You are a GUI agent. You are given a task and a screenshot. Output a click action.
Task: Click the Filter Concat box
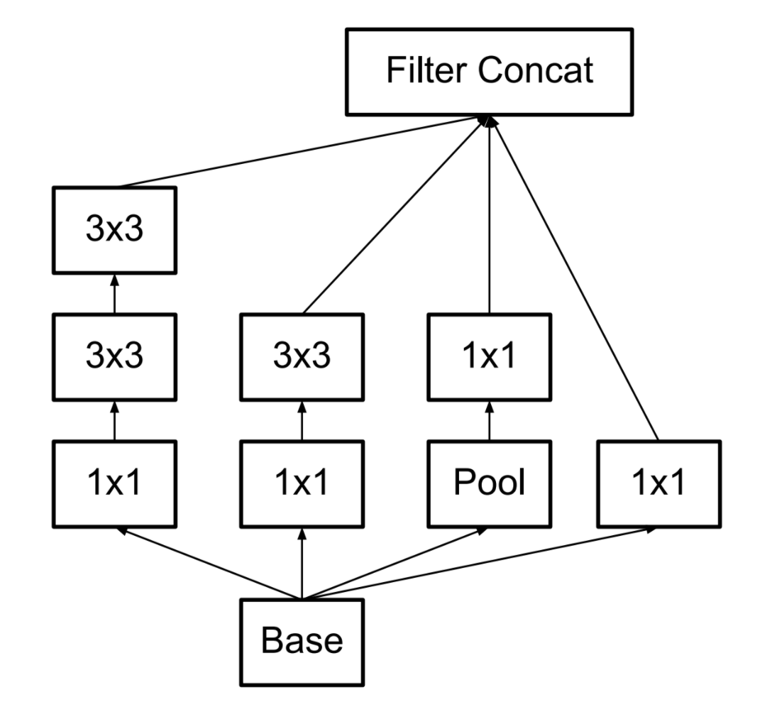click(x=489, y=71)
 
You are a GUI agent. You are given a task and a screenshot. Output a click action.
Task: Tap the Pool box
click(x=489, y=483)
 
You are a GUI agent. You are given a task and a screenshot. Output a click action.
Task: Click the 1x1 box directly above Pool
click(x=489, y=356)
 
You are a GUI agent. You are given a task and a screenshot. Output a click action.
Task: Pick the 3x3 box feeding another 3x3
click(x=114, y=356)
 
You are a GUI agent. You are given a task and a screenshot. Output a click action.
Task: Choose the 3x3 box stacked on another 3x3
click(x=114, y=230)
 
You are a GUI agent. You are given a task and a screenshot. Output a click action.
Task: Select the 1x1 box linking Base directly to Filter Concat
click(x=659, y=483)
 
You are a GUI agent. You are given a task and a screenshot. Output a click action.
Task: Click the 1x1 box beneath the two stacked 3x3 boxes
click(x=114, y=483)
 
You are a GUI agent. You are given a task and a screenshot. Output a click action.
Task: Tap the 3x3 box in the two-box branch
click(x=302, y=356)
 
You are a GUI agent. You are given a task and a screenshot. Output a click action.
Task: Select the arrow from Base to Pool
click(x=397, y=563)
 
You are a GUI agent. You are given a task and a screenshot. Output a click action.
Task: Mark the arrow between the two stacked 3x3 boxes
click(x=114, y=294)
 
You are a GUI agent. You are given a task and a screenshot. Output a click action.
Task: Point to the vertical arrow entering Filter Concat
click(x=489, y=213)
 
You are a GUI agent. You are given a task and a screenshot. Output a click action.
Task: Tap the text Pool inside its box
click(x=489, y=483)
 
